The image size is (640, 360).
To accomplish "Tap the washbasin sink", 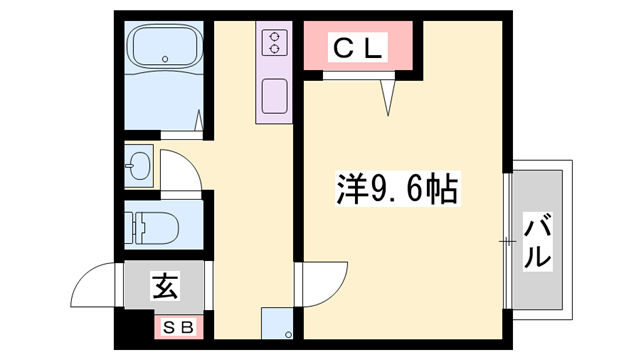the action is [x=139, y=165].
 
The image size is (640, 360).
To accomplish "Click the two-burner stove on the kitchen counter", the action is [x=272, y=42].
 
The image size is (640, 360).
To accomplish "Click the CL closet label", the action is [x=357, y=46].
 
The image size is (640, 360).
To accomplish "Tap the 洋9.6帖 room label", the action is [x=397, y=186].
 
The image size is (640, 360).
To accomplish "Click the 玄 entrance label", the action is [x=164, y=287].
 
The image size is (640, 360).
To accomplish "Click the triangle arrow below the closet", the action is [x=389, y=95].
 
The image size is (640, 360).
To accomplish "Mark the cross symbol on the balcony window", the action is [x=507, y=240].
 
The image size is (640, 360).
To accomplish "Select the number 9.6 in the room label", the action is [x=393, y=187].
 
